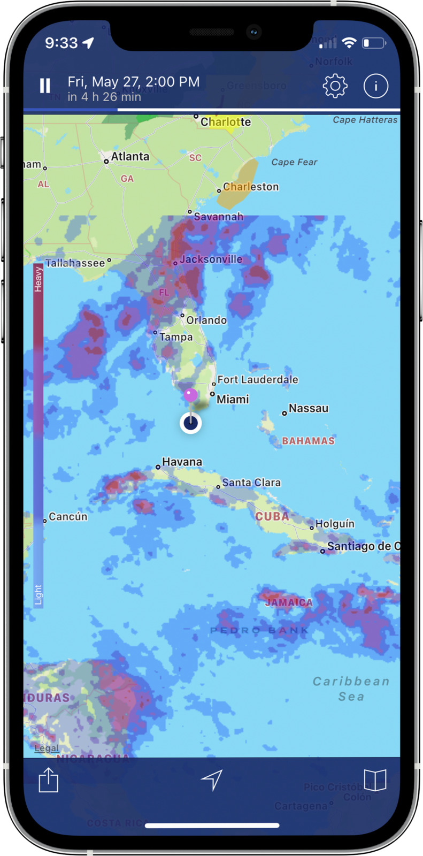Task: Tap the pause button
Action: tap(45, 86)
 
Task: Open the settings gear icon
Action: tap(335, 86)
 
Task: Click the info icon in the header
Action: tap(375, 86)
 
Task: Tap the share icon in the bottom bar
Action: tap(48, 780)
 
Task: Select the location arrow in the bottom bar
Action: tap(212, 780)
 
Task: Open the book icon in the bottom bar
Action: tap(375, 780)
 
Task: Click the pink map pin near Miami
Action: tap(191, 395)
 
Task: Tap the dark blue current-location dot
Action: tap(191, 423)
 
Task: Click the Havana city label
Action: tap(182, 462)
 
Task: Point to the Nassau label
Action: tap(308, 408)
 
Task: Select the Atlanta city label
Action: tap(130, 156)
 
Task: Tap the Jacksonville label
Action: tap(211, 259)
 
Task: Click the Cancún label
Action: tap(67, 517)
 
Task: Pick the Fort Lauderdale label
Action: tap(257, 379)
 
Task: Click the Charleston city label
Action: tap(251, 187)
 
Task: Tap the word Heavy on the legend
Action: tap(38, 280)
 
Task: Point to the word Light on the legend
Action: tap(38, 594)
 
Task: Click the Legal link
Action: tap(47, 748)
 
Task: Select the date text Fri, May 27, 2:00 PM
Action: tap(134, 81)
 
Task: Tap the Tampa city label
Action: tap(176, 337)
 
